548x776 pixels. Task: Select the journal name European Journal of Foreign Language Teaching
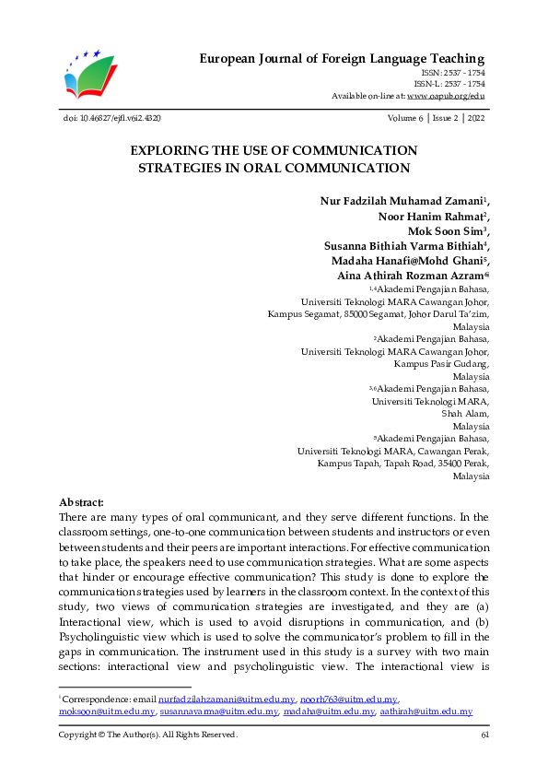342,59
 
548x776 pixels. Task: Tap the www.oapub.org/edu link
446,96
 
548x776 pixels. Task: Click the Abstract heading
81,503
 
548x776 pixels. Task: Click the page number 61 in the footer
484,735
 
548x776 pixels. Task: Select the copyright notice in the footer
147,735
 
